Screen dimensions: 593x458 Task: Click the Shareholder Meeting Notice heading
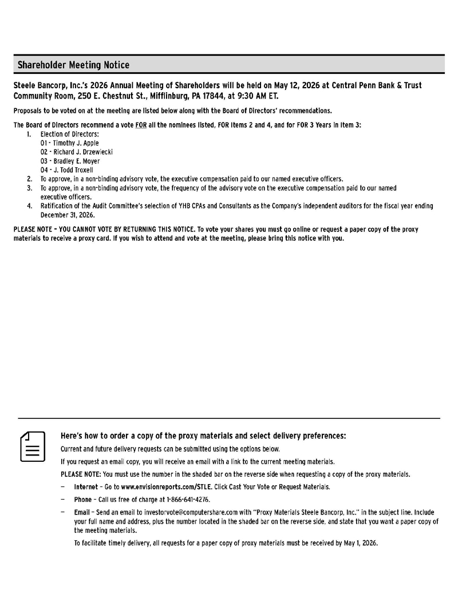pyautogui.click(x=73, y=65)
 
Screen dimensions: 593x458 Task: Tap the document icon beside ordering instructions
pyautogui.click(x=33, y=447)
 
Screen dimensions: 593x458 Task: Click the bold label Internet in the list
pyautogui.click(x=86, y=486)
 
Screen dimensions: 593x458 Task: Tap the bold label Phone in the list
pyautogui.click(x=82, y=499)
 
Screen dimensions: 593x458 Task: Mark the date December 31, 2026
pyautogui.click(x=67, y=215)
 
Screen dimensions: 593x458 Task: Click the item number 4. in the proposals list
pyautogui.click(x=29, y=206)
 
